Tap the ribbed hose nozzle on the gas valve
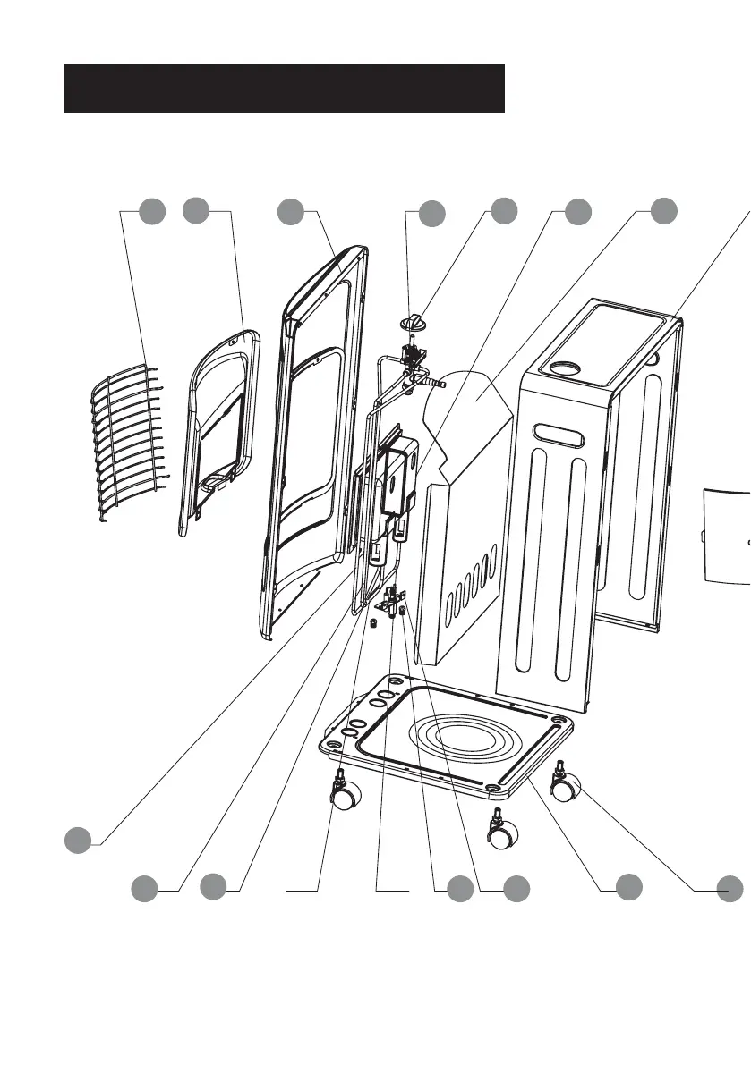pyautogui.click(x=436, y=383)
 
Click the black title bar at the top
pyautogui.click(x=285, y=88)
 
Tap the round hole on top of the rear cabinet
pyautogui.click(x=568, y=367)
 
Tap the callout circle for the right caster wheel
pyautogui.click(x=730, y=887)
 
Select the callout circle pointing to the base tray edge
pyautogui.click(x=629, y=887)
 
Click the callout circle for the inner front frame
pyautogui.click(x=196, y=212)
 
